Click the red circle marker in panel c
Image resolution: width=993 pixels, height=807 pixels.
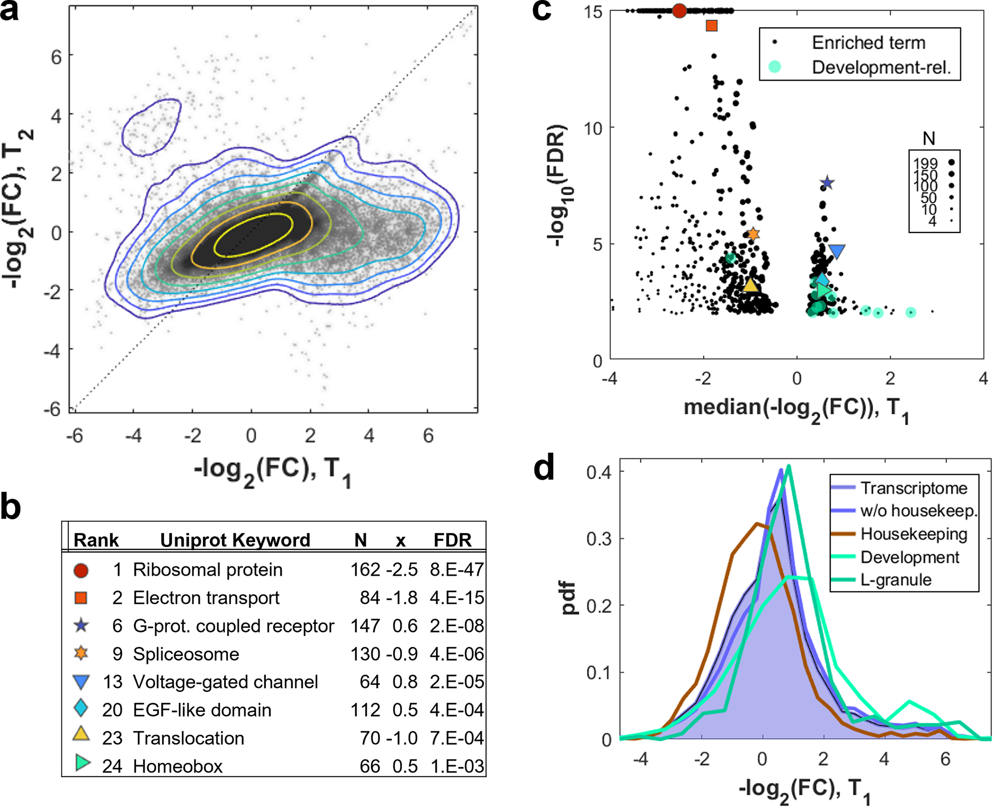pos(679,10)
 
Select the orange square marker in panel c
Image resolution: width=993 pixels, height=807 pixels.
pos(711,26)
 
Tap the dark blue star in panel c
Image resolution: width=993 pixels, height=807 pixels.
pos(827,182)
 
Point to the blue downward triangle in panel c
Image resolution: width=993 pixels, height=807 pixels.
pos(837,251)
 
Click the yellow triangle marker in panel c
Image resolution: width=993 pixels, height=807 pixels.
pos(750,285)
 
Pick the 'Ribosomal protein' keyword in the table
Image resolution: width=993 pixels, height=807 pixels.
pos(208,570)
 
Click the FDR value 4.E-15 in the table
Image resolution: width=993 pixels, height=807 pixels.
pos(457,598)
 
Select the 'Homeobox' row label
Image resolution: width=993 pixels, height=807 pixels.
pos(178,766)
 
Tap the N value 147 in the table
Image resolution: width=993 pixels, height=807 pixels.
pos(365,626)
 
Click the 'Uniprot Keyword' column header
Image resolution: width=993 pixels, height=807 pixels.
pos(235,540)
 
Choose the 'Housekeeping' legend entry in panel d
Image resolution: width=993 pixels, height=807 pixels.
pos(914,534)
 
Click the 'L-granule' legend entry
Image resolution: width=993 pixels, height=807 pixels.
pos(896,580)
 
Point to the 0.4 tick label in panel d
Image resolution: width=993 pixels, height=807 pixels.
pos(599,472)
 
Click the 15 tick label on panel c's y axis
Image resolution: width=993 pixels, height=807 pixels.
pos(593,12)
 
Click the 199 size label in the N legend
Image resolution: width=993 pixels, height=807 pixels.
pos(925,164)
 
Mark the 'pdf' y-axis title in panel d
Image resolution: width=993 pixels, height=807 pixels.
pos(570,598)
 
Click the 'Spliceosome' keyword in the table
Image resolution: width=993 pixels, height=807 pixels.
pos(186,654)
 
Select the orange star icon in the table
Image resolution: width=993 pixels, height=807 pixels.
pos(81,654)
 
